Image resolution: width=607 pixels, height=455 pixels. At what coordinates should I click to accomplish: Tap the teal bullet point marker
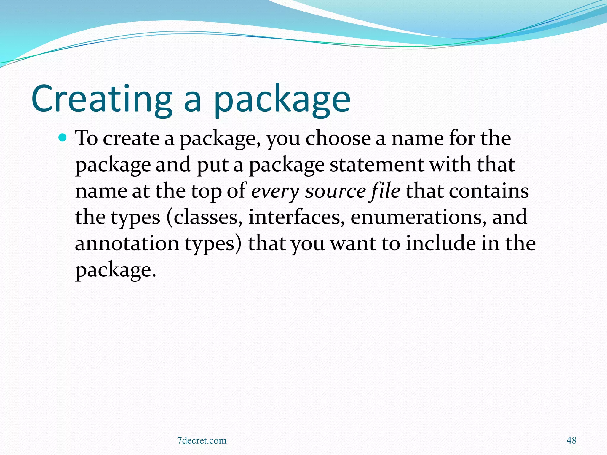tap(63, 137)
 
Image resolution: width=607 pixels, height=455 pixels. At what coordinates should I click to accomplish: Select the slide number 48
tap(571, 440)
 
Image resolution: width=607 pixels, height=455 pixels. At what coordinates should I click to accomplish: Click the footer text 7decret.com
tap(202, 440)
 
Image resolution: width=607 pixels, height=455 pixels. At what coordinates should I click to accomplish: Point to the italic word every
tap(275, 191)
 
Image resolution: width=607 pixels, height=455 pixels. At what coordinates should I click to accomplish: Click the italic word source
tap(335, 191)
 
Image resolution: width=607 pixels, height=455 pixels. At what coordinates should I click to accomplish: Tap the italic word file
tap(384, 191)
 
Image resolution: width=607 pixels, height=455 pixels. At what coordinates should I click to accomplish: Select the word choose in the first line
tap(338, 139)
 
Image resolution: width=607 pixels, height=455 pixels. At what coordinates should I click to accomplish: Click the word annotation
tap(127, 243)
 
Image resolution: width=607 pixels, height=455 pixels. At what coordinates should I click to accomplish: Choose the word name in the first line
tap(417, 139)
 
